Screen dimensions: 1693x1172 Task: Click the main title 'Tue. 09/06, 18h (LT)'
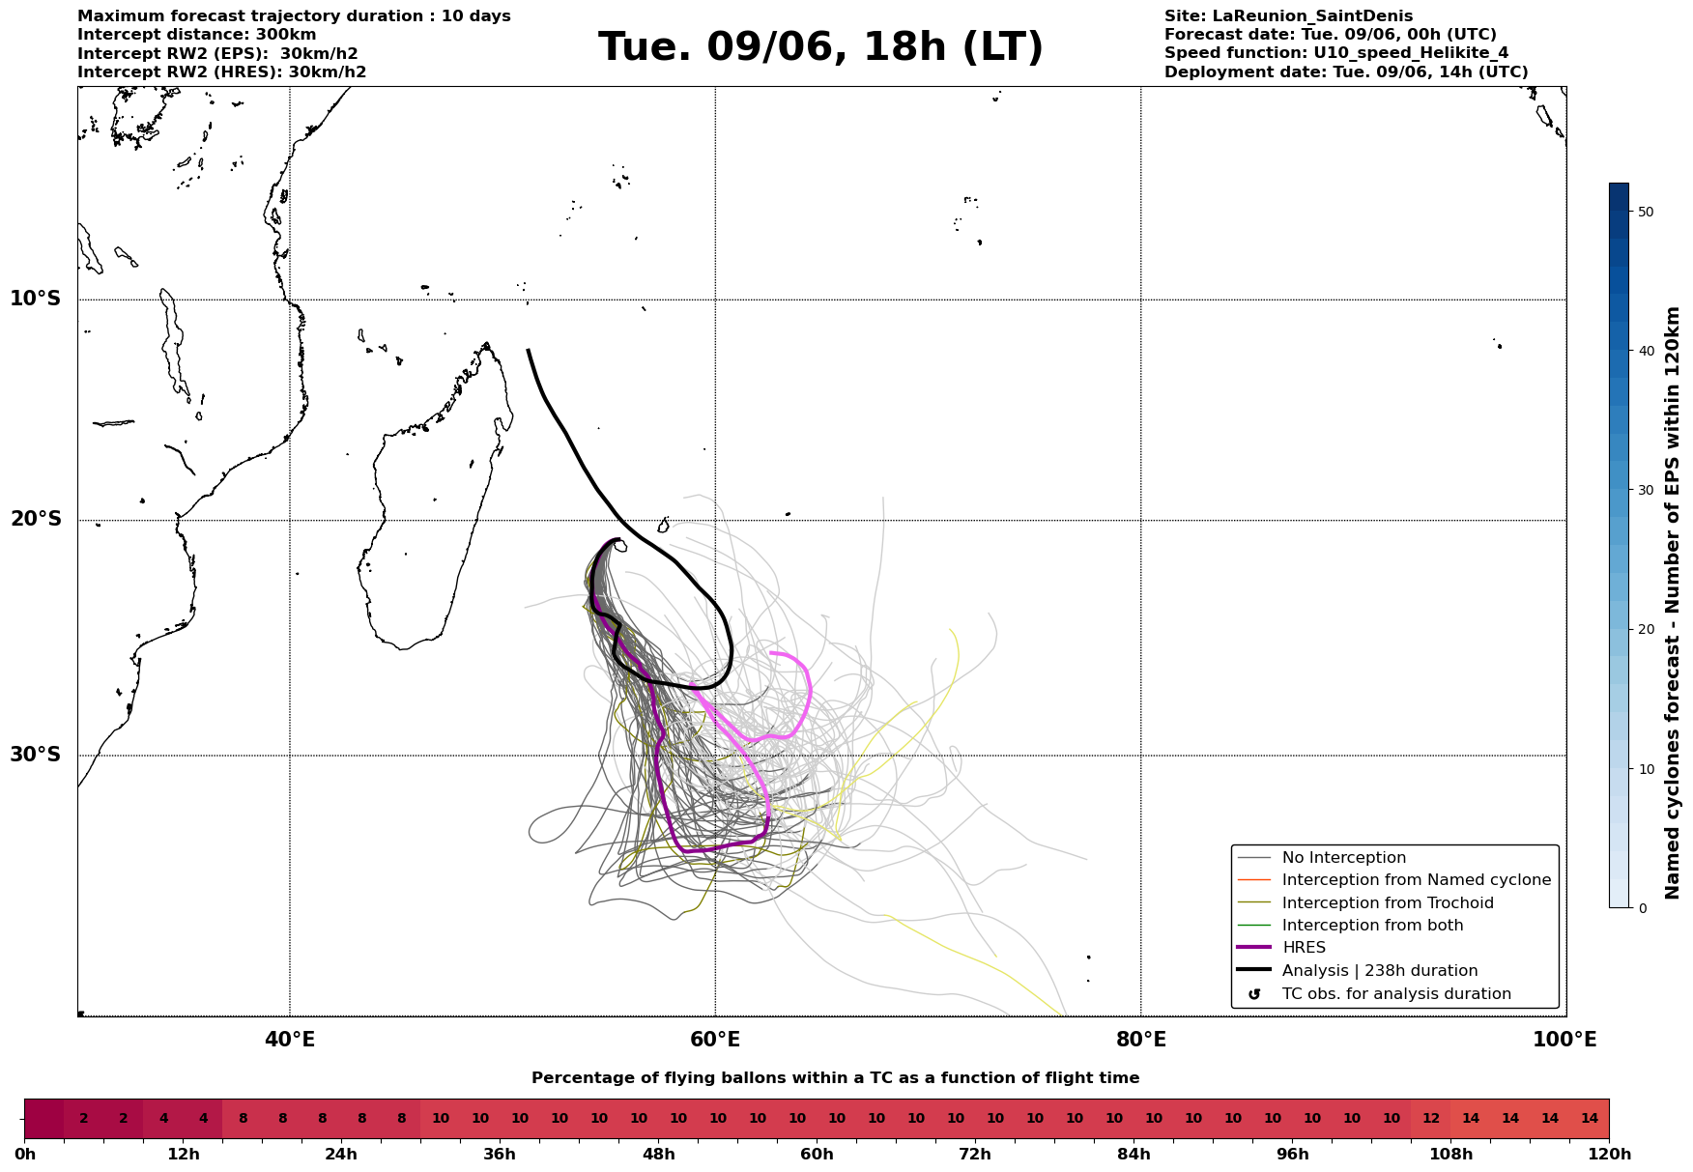(x=820, y=47)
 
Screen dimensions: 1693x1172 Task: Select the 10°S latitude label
(x=36, y=299)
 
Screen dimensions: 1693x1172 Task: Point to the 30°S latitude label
(x=36, y=755)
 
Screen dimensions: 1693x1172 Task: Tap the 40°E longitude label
(x=290, y=1040)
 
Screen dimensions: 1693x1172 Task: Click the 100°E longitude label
(x=1565, y=1040)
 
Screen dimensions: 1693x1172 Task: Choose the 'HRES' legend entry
(x=1304, y=948)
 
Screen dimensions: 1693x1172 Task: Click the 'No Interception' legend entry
(x=1344, y=858)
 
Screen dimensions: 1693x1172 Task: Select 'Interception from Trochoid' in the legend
(x=1388, y=903)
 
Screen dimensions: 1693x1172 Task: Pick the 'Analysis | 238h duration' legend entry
(x=1380, y=971)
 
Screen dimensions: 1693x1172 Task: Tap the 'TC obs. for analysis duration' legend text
(x=1396, y=994)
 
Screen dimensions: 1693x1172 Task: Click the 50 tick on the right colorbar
(x=1647, y=212)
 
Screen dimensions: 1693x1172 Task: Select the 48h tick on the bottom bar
(x=658, y=1155)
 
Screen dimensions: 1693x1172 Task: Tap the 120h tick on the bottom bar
(x=1609, y=1155)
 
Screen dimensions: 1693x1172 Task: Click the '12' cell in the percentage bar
(x=1431, y=1119)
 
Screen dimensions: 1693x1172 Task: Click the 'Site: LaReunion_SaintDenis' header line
(x=1288, y=16)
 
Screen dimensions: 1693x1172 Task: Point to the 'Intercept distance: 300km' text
(x=197, y=35)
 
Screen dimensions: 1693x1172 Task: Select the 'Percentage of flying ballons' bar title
(x=836, y=1078)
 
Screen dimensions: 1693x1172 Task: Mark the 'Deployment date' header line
(x=1346, y=72)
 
